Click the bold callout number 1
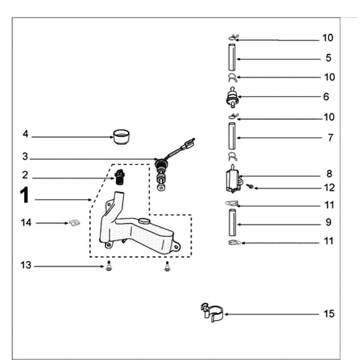point(25,197)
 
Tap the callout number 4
point(26,134)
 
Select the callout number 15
point(329,314)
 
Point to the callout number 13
point(26,265)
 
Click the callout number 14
point(26,222)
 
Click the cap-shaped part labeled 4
point(121,136)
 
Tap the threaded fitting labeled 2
point(119,178)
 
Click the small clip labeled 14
point(75,223)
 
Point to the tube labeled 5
point(232,58)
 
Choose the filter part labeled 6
point(232,96)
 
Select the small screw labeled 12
point(251,186)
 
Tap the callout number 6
point(326,97)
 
